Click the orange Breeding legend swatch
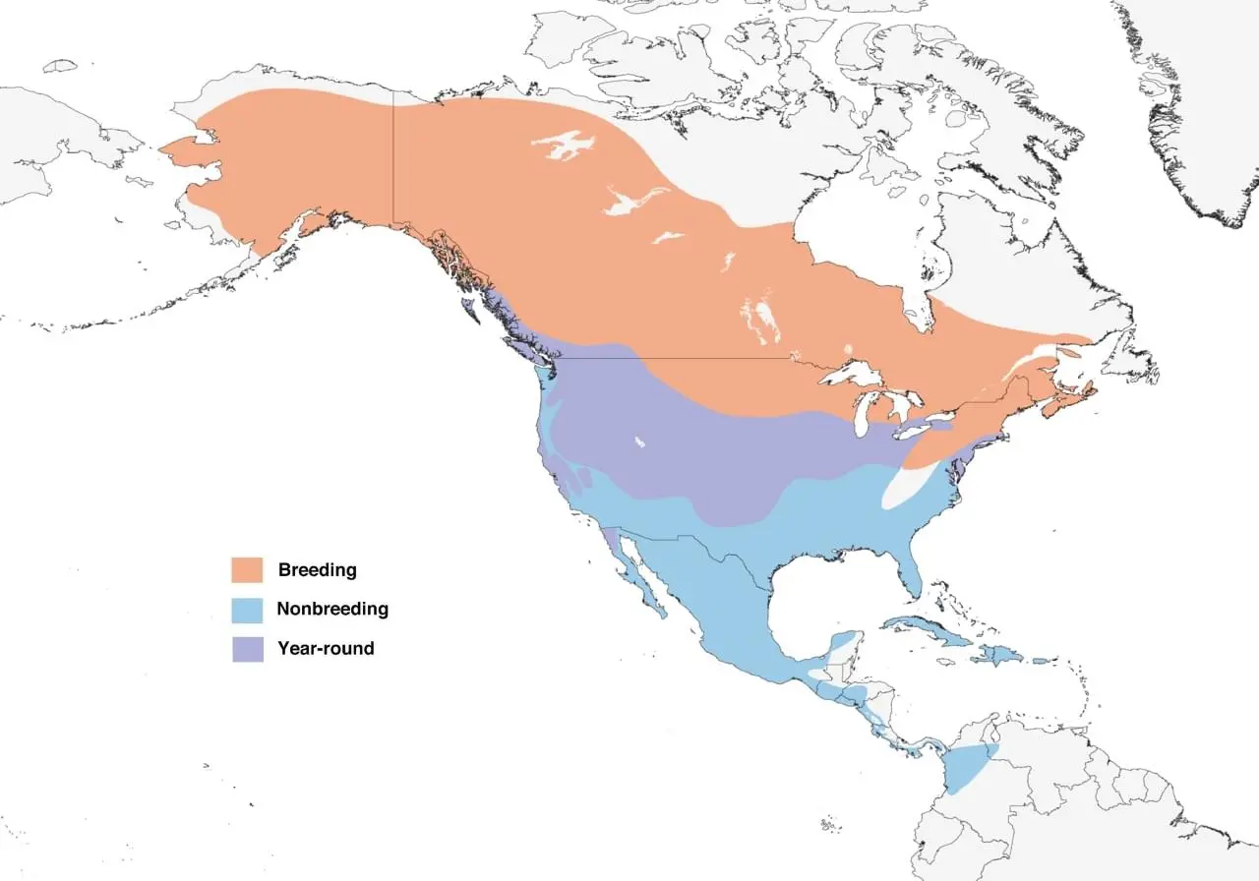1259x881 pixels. click(247, 569)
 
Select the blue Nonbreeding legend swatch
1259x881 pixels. click(247, 610)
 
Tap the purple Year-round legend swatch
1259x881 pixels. click(247, 649)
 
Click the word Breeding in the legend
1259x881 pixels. click(317, 569)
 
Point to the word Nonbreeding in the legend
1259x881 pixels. click(332, 609)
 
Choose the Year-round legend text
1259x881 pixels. click(326, 648)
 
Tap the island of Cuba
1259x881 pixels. click(925, 629)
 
